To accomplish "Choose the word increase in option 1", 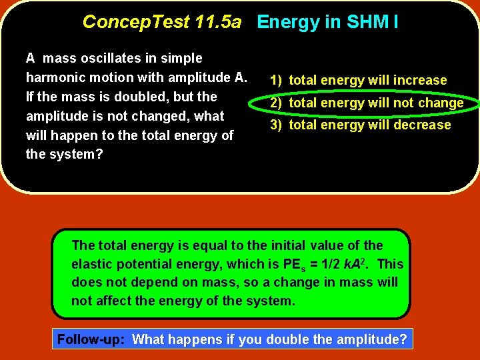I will (x=420, y=81).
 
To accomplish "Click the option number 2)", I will (x=276, y=103).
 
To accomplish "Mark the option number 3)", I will (x=276, y=125).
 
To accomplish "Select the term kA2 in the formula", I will (x=357, y=264).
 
